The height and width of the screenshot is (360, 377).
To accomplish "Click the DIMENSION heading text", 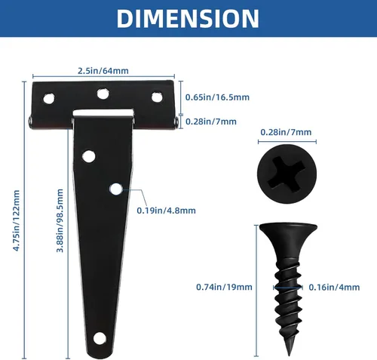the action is click(188, 18).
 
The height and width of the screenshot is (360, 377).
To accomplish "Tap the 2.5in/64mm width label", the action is click(103, 71).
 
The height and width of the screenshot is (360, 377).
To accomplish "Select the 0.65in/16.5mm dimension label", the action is click(217, 97).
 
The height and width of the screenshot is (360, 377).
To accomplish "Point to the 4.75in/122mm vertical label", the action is click(17, 220).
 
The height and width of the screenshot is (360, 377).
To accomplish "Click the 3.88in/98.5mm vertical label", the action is click(60, 220).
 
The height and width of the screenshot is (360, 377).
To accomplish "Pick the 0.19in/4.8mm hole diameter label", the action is click(166, 211).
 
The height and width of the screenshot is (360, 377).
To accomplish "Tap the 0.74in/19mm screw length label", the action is click(224, 287).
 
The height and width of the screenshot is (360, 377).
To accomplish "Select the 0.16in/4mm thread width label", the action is click(334, 287).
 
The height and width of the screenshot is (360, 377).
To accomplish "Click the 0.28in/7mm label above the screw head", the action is click(286, 132).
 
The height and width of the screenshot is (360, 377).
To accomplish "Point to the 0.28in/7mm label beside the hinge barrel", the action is click(211, 122).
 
